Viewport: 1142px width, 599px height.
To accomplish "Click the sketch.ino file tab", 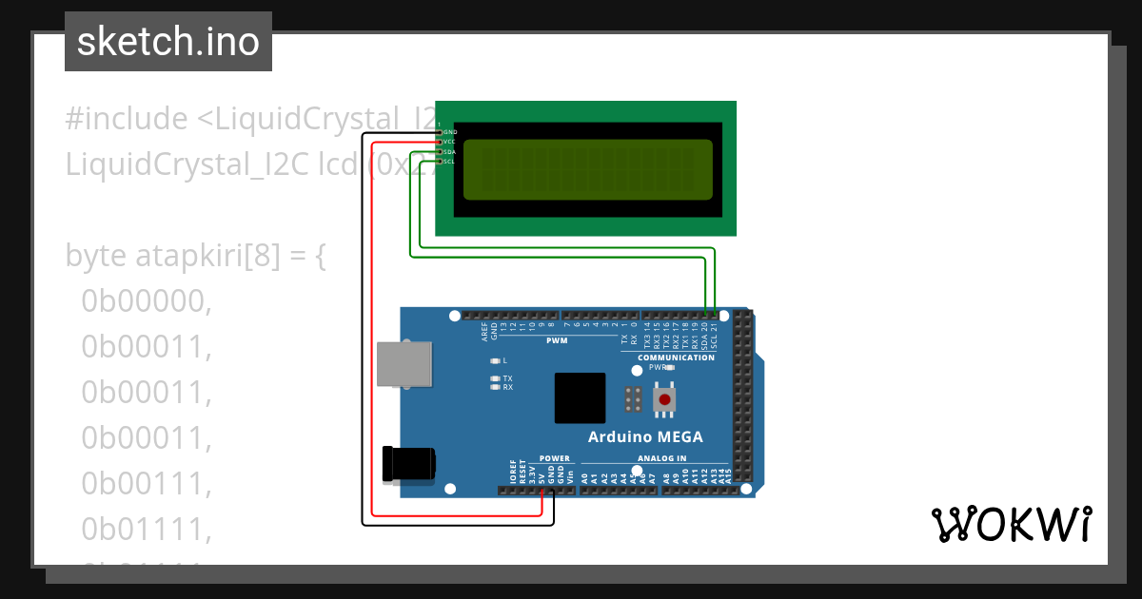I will pyautogui.click(x=168, y=42).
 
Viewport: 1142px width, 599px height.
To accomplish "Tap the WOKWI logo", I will pyautogui.click(x=1011, y=524).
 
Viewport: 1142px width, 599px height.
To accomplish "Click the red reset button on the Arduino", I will pyautogui.click(x=663, y=400).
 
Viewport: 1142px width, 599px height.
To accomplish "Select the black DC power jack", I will pyautogui.click(x=407, y=463).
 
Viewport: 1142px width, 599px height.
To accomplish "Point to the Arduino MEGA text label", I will pyautogui.click(x=645, y=437).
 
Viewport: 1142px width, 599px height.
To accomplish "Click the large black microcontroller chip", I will pyautogui.click(x=581, y=398).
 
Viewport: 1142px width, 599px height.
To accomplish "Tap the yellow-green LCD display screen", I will pyautogui.click(x=587, y=169).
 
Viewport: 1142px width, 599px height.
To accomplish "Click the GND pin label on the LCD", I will pyautogui.click(x=450, y=131).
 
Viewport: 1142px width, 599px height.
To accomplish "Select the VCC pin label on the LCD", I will pyautogui.click(x=450, y=142).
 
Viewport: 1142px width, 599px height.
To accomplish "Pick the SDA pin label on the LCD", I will pyautogui.click(x=450, y=151).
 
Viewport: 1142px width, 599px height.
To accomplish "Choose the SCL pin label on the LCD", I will pyautogui.click(x=450, y=162).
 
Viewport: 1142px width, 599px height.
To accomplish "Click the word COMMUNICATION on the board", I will pyautogui.click(x=676, y=357).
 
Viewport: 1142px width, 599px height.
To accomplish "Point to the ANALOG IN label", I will pyautogui.click(x=661, y=458).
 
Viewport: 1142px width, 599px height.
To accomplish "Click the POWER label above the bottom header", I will pyautogui.click(x=555, y=458).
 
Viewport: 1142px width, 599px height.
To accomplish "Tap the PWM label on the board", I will pyautogui.click(x=557, y=339).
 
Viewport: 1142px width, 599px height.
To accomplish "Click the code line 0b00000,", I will pyautogui.click(x=146, y=301).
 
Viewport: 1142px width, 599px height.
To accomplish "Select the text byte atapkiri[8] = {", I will pyautogui.click(x=196, y=256).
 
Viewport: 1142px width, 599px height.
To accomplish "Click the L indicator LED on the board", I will pyautogui.click(x=494, y=361).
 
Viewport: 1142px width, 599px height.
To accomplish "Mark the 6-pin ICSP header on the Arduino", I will pyautogui.click(x=632, y=399).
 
